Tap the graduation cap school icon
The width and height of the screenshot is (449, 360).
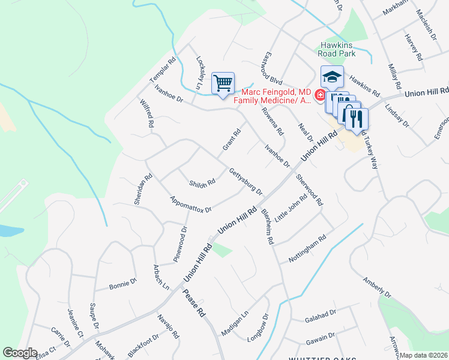coord(332,77)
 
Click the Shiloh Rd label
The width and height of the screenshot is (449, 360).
coord(202,183)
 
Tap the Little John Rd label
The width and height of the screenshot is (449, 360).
coord(291,207)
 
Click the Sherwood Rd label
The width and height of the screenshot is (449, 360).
coord(309,190)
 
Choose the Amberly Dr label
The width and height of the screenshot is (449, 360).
coord(376,287)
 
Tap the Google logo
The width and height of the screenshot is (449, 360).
coord(20,353)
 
